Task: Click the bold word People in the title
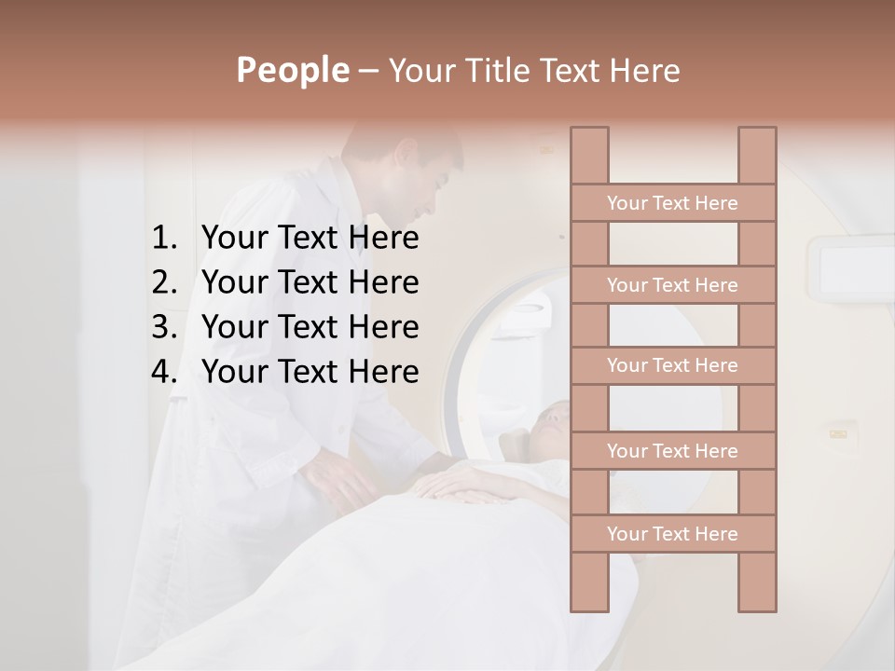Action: [x=292, y=70]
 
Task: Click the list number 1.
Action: [x=163, y=239]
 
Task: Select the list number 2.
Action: [x=163, y=282]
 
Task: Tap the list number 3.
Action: [x=163, y=327]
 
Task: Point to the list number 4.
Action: [x=163, y=372]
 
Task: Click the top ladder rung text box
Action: [x=672, y=203]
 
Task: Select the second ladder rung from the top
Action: [x=672, y=285]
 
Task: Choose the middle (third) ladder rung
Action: [x=672, y=365]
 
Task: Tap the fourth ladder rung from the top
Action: [x=672, y=451]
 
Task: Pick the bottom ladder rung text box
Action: [x=672, y=534]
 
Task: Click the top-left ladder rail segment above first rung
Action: [x=589, y=156]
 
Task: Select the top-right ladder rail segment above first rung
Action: [x=757, y=156]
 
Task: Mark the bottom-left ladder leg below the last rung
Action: [x=589, y=582]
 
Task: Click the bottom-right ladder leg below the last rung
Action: [x=757, y=582]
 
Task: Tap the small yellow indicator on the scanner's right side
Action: [x=838, y=432]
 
